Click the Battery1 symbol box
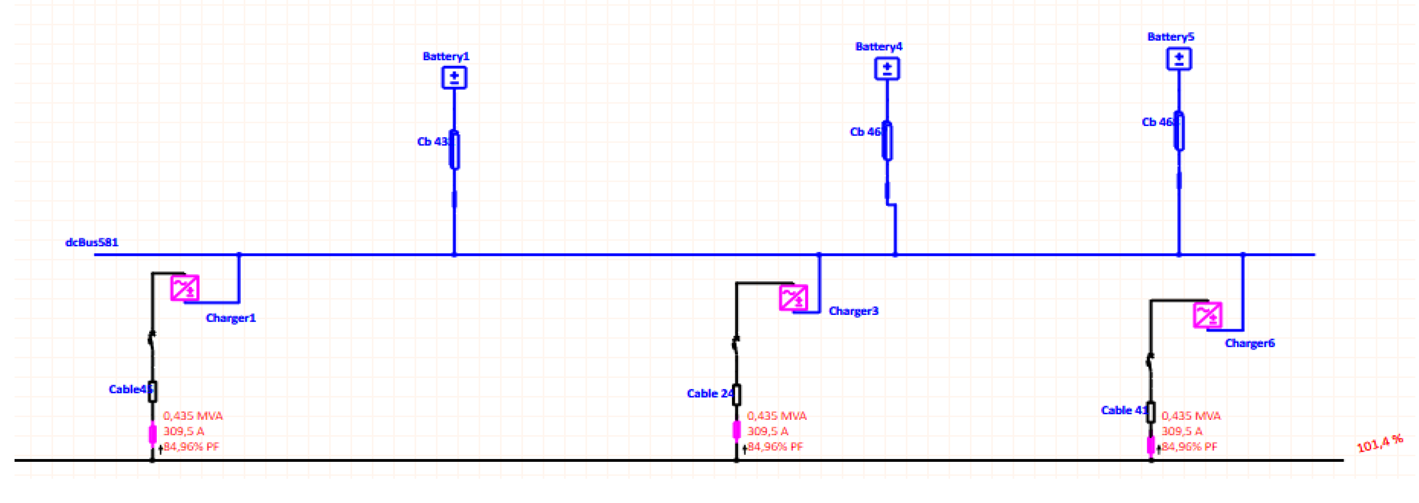pyautogui.click(x=454, y=78)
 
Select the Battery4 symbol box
pyautogui.click(x=887, y=69)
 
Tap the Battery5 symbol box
pyautogui.click(x=1179, y=59)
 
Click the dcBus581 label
pyautogui.click(x=92, y=242)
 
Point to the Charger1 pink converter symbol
pyautogui.click(x=185, y=288)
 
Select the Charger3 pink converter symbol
pyautogui.click(x=793, y=298)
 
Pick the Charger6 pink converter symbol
pyautogui.click(x=1208, y=315)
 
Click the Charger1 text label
pyautogui.click(x=231, y=318)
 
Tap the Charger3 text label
pyautogui.click(x=853, y=311)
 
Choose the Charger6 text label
pyautogui.click(x=1249, y=344)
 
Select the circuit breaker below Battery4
pyautogui.click(x=887, y=141)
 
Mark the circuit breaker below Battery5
pyautogui.click(x=1179, y=131)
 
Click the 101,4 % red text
pyautogui.click(x=1379, y=443)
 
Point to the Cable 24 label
pyautogui.click(x=710, y=394)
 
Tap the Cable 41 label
pyautogui.click(x=1124, y=410)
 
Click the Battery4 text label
pyautogui.click(x=879, y=47)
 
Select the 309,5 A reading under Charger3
pyautogui.click(x=767, y=431)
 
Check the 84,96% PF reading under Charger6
pyautogui.click(x=1189, y=446)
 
